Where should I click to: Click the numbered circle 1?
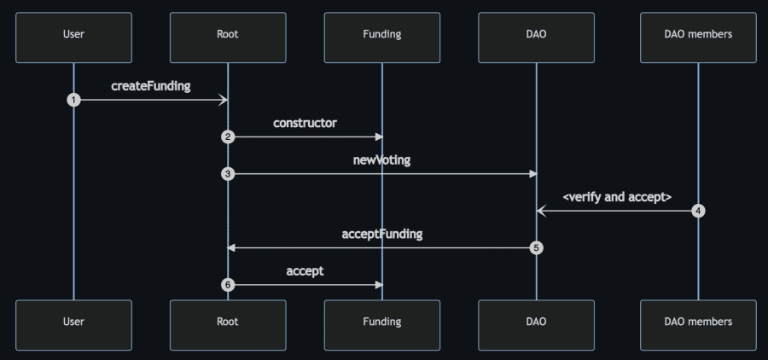click(x=73, y=100)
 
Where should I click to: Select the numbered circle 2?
click(x=228, y=136)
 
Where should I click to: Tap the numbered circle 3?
click(x=228, y=174)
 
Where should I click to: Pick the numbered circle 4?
click(x=698, y=211)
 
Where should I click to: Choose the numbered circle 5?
click(x=536, y=248)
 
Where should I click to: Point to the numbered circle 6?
click(x=228, y=285)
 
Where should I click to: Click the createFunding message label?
click(x=150, y=86)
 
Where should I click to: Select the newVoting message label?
click(x=381, y=160)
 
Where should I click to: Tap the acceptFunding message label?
click(x=381, y=234)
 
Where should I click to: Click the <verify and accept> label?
click(x=617, y=197)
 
